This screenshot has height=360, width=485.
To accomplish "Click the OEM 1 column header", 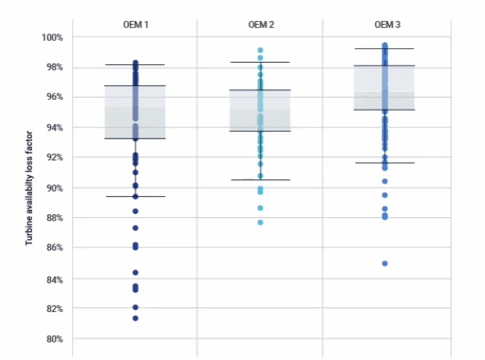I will [135, 25].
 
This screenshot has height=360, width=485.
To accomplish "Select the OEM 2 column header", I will [260, 25].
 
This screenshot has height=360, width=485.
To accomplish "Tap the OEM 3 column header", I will [387, 25].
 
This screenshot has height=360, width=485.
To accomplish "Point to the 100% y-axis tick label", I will [53, 37].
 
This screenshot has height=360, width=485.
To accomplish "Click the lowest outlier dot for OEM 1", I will [135, 318].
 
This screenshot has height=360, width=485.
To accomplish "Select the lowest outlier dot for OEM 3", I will [385, 264].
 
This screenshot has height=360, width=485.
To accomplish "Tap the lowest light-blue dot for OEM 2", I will [260, 222].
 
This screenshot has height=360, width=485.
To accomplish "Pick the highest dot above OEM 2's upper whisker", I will [260, 50].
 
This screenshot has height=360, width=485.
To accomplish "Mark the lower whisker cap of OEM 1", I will [135, 196].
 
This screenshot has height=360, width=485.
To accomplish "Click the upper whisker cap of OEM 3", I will [385, 49].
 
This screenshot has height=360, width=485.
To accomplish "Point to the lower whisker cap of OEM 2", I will [260, 180].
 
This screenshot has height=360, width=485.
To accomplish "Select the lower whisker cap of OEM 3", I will [385, 163].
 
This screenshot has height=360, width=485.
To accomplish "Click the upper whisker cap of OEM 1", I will [135, 65].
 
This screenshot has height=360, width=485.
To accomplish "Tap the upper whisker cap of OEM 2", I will [260, 62].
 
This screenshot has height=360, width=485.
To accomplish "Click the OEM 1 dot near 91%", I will [135, 173].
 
